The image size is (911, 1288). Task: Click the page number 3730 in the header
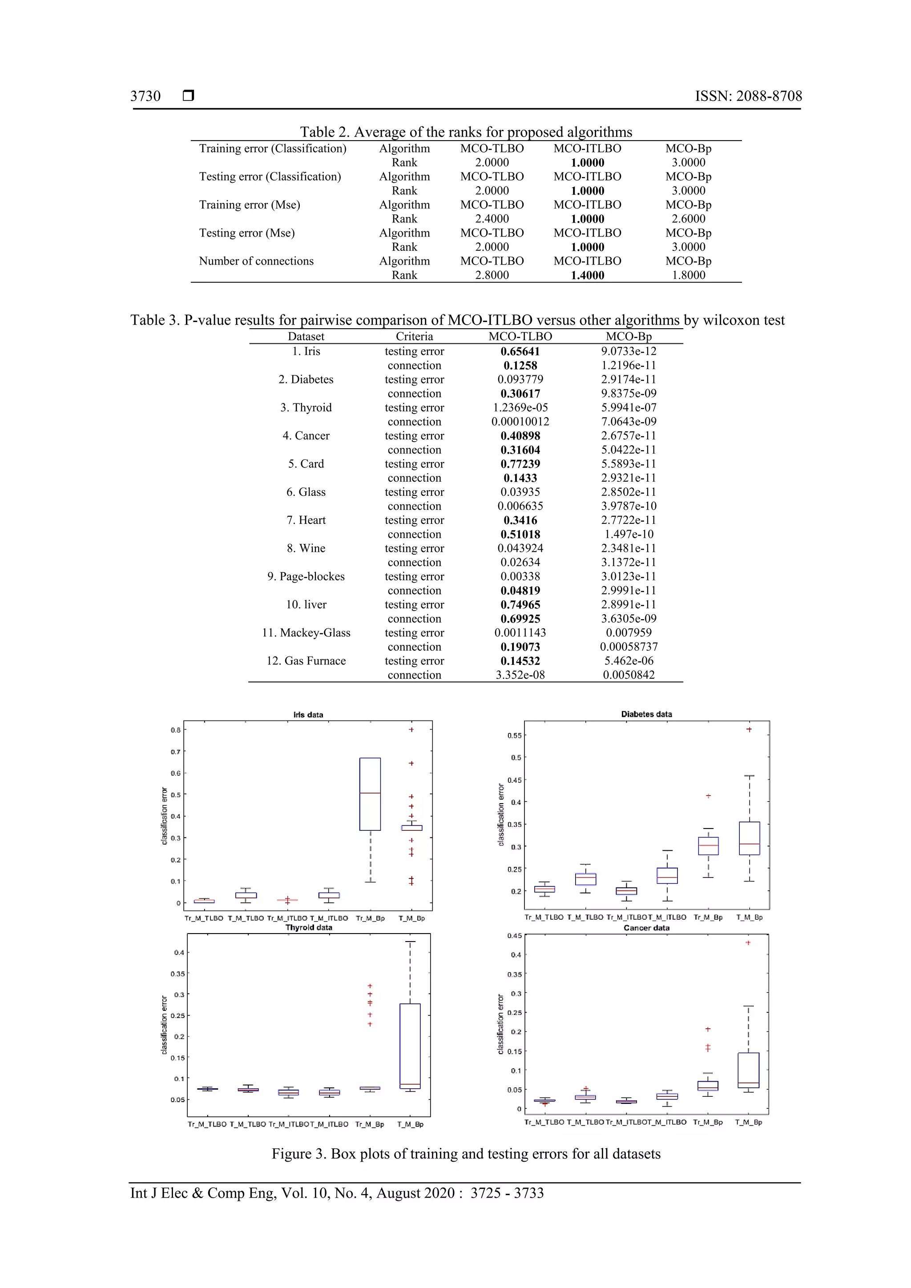(145, 96)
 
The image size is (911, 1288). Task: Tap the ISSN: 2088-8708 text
(748, 96)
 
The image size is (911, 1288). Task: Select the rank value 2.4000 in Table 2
(492, 219)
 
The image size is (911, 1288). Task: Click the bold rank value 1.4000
(587, 275)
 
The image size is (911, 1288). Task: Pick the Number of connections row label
(256, 261)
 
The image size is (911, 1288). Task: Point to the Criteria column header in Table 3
(414, 336)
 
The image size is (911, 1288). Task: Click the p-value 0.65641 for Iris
(520, 351)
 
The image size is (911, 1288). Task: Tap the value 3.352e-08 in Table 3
(520, 675)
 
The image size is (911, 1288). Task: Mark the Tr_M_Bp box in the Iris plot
(370, 794)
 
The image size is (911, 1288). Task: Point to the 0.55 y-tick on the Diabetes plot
(514, 736)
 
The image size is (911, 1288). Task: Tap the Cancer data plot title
(646, 928)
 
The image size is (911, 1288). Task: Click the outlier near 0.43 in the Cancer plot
(748, 943)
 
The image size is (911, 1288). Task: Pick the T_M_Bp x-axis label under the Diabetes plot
(750, 917)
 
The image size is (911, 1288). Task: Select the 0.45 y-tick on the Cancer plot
(514, 936)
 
